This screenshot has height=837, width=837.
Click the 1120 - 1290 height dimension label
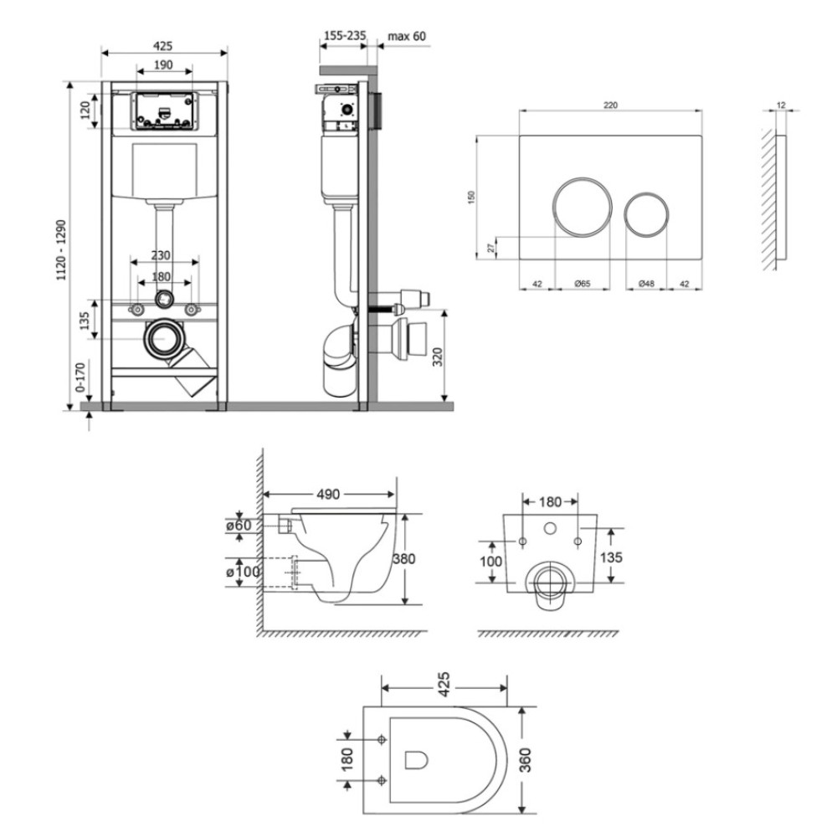pos(63,249)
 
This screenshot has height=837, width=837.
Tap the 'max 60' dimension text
pos(407,36)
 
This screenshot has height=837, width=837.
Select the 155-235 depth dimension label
pos(346,36)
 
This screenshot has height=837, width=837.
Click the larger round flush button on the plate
pos(583,207)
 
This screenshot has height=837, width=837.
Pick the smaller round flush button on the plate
pos(646,212)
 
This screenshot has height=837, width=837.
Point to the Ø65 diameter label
pos(583,284)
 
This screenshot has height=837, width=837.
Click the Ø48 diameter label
pos(646,284)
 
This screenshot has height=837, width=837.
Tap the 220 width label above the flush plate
pos(610,105)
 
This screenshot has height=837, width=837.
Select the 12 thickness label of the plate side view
pos(781,105)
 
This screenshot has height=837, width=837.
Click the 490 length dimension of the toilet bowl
pos(328,495)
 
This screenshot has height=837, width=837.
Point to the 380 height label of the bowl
pos(403,559)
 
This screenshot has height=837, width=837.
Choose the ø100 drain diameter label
pos(244,573)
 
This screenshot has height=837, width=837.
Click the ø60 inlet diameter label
pos(239,526)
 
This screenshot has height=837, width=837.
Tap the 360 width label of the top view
pos(526,760)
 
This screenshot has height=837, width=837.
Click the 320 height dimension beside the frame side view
pos(437,357)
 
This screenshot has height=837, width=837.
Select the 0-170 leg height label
pos(80,377)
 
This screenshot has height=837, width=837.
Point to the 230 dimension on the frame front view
pos(161,255)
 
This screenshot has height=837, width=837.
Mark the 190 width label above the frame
pos(163,64)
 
